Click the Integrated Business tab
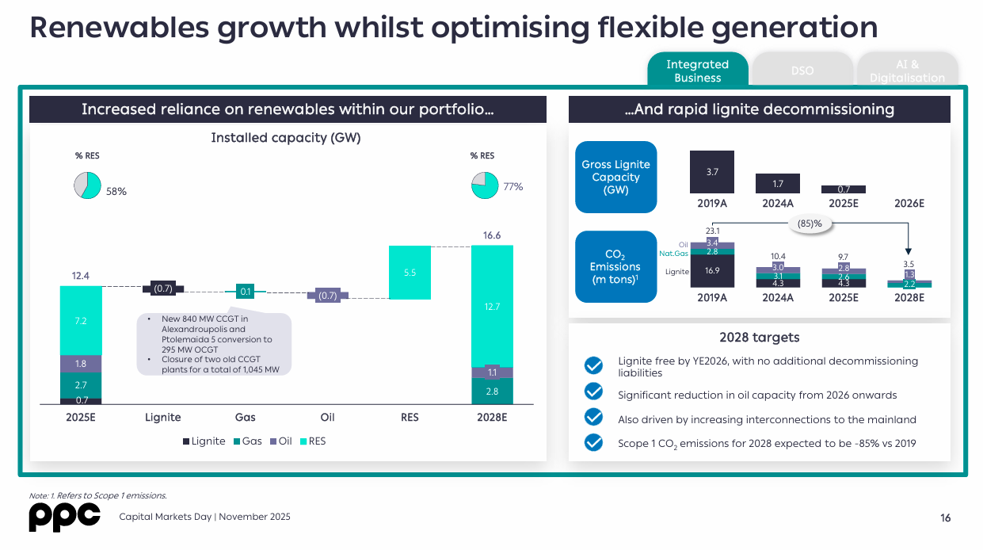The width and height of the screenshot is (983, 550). pos(697,71)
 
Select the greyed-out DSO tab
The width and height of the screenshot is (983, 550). pos(802,71)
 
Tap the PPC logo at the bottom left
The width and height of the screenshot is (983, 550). pos(64,517)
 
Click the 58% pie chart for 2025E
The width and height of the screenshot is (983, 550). pos(87,185)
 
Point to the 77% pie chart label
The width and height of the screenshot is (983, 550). pos(513,187)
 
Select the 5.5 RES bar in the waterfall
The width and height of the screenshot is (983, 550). pos(410,273)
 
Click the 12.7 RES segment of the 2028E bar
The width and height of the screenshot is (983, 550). pos(492,306)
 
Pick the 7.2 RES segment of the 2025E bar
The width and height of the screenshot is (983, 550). pos(81,320)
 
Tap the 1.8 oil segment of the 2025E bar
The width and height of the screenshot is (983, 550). pos(81,364)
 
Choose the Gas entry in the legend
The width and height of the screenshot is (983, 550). pos(247,441)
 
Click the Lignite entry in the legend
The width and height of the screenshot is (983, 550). pos(204,441)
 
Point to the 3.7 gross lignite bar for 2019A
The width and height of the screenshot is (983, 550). pos(712,172)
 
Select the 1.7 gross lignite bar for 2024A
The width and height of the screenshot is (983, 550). pos(778,184)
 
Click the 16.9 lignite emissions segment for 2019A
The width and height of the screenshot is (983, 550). pos(712,271)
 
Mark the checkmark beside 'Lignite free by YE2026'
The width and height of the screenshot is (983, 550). pos(593,365)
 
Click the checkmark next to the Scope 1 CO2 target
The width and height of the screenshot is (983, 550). pos(593,443)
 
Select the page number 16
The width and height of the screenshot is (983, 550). pos(946,518)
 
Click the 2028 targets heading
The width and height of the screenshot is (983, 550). pos(759,338)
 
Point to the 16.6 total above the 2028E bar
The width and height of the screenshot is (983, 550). pos(492,235)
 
